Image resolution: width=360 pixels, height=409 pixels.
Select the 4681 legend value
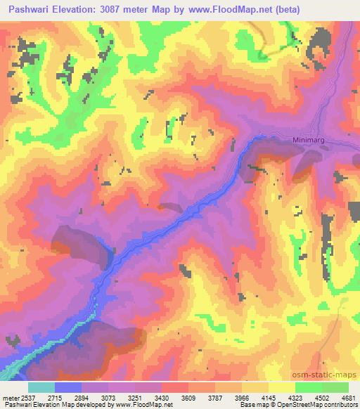pos(347,396)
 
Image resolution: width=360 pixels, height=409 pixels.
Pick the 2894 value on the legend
pos(82,396)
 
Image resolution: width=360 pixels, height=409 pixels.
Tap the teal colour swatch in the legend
pos(41,387)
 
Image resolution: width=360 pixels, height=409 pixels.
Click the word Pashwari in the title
pos(27,10)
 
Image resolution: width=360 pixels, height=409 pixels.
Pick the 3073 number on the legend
pos(108,396)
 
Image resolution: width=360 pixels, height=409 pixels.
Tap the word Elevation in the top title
pos(77,10)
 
